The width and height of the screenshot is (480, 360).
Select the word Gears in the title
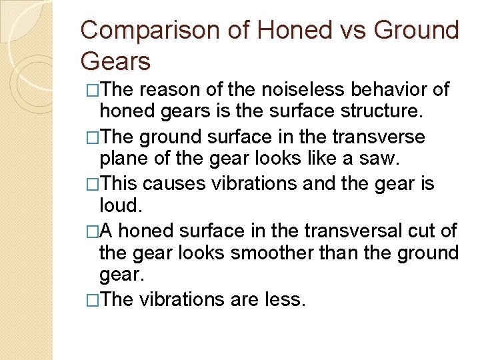pos(115,61)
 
